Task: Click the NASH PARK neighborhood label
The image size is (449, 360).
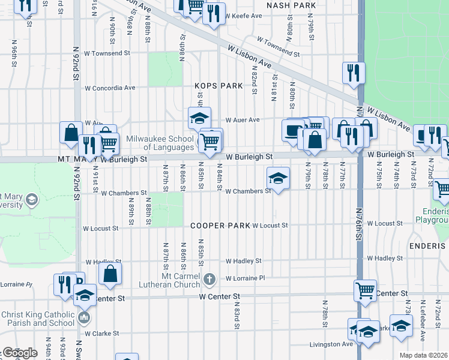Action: click(292, 5)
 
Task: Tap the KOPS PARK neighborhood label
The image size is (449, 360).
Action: click(219, 86)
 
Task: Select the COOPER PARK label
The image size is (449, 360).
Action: click(220, 226)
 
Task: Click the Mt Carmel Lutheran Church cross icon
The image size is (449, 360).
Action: click(209, 278)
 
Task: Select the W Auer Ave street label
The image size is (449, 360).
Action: click(242, 119)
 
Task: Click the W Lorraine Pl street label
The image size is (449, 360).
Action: click(246, 278)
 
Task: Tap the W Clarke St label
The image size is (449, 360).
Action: click(102, 333)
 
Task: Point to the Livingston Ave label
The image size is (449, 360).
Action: click(331, 344)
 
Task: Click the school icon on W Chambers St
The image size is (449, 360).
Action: click(278, 178)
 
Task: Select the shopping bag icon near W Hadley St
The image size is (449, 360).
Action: click(111, 275)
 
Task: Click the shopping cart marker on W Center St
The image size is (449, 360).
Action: click(365, 291)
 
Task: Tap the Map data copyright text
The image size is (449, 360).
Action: click(424, 355)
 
